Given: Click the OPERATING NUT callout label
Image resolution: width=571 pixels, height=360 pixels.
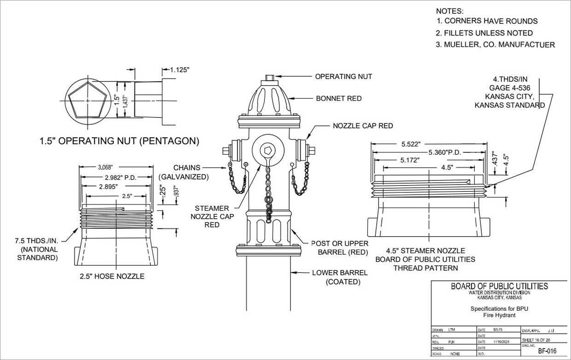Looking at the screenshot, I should tap(343, 76).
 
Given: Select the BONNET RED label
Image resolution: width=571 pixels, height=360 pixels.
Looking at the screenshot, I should tap(338, 99).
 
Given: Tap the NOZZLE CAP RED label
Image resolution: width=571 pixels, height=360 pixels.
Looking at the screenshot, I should tap(363, 126).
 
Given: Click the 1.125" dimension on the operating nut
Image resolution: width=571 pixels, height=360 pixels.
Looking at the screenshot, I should tap(180, 70).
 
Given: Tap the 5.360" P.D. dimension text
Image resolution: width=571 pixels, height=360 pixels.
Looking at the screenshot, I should tap(445, 152).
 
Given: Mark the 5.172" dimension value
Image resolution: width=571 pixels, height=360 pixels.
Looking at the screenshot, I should tap(407, 161).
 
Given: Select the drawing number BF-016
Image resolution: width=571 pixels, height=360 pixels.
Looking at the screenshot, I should tap(547, 351).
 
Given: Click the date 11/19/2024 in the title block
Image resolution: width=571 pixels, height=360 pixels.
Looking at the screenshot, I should tap(499, 342).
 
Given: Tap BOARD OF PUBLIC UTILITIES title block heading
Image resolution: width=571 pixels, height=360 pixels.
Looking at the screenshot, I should tap(499, 286).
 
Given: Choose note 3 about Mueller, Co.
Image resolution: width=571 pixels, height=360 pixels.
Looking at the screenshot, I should tap(495, 45).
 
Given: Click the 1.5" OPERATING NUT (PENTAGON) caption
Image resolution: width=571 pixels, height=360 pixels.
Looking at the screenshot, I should tap(119, 141).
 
